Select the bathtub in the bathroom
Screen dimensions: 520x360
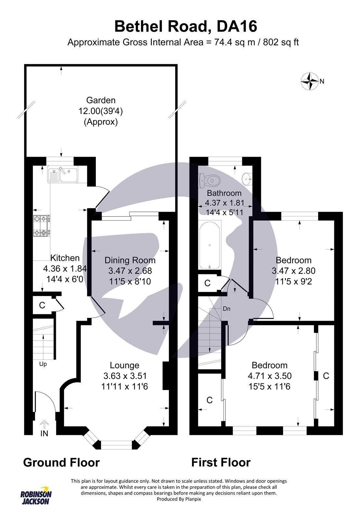click(210, 245)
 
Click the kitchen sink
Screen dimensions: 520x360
click(63, 175)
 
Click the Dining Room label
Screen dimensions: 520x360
click(130, 260)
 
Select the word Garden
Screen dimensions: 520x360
click(101, 100)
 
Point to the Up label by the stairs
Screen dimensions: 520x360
click(43, 364)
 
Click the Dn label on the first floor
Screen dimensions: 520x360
click(226, 308)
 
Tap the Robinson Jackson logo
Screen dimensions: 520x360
click(36, 495)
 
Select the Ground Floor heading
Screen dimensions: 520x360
click(61, 462)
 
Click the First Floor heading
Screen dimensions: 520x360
click(221, 462)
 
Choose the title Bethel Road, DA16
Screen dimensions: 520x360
click(186, 26)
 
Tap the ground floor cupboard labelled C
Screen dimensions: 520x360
click(42, 305)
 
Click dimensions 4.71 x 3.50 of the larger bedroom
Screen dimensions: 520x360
click(270, 376)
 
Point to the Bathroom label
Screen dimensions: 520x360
click(224, 193)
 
